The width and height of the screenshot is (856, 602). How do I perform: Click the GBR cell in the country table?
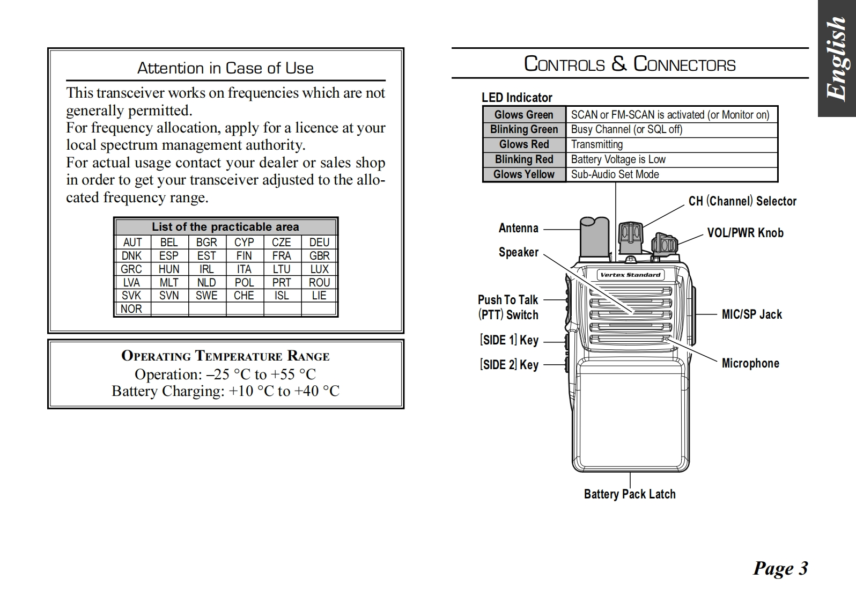[319, 256]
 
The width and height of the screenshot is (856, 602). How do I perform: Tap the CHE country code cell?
[244, 296]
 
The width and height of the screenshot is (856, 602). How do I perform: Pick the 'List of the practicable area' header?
[225, 227]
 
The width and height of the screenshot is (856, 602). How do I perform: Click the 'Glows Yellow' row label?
[524, 174]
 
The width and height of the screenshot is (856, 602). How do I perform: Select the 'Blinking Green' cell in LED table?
[524, 129]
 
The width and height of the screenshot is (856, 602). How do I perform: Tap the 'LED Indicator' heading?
[516, 98]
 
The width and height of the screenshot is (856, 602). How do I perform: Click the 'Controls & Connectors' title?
[630, 64]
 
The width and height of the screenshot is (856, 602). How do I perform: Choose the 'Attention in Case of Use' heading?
[225, 68]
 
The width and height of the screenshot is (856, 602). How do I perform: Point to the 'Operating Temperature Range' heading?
[225, 356]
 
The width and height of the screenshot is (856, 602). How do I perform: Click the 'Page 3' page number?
[780, 568]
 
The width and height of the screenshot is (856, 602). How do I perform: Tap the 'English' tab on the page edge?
[837, 58]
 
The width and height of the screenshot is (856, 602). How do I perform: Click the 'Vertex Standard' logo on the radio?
[631, 275]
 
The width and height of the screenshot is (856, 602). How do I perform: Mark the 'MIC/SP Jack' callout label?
[751, 314]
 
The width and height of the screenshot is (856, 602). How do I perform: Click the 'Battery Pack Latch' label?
[630, 494]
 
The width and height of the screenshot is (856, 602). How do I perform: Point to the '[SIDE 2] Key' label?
[509, 365]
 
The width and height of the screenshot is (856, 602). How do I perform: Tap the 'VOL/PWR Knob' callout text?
[745, 233]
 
